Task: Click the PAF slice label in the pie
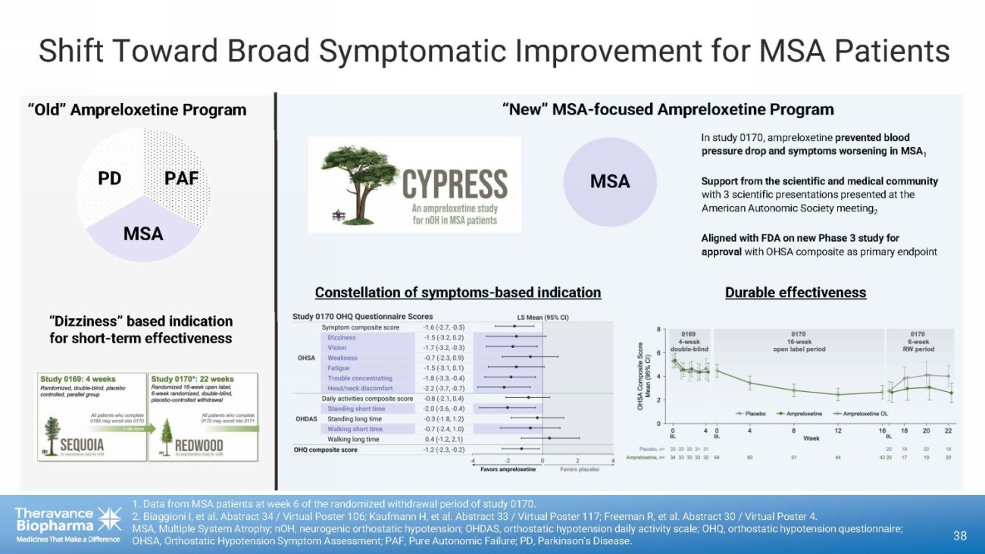(x=181, y=178)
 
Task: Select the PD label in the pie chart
(x=110, y=178)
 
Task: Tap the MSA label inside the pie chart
(x=143, y=233)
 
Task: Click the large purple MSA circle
(x=609, y=182)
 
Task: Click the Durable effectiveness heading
(x=795, y=293)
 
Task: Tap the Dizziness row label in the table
(x=342, y=337)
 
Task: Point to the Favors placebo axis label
(x=579, y=469)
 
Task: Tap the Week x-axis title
(x=811, y=438)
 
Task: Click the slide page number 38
(x=960, y=535)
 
